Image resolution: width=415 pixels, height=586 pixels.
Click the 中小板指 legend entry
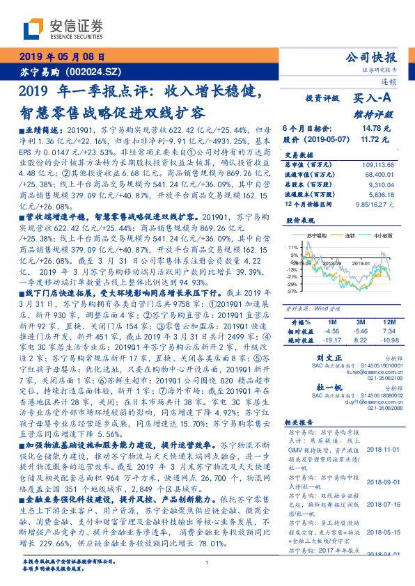click(x=384, y=236)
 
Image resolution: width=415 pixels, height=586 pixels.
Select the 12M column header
click(x=388, y=323)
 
